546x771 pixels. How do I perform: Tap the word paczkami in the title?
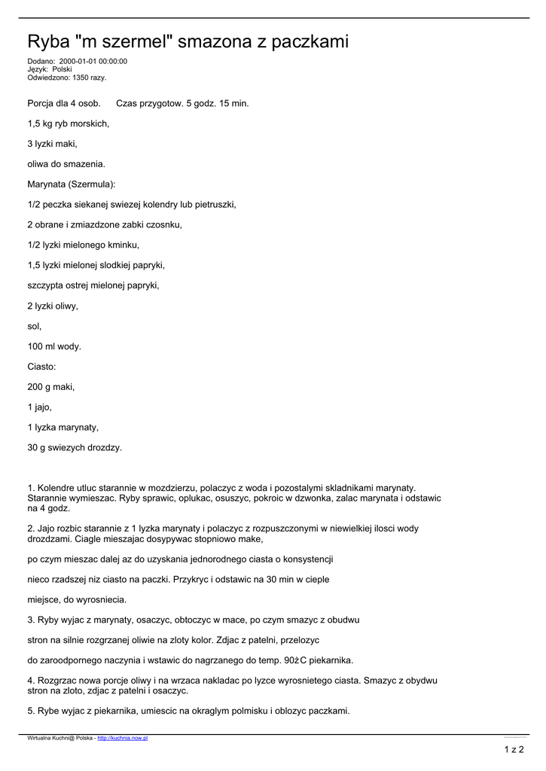point(309,42)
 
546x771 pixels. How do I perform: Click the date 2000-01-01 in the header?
point(75,62)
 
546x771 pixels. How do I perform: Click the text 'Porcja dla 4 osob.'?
point(63,103)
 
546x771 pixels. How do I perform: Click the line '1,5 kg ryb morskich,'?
point(69,123)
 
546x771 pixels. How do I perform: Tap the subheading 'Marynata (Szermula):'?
point(72,184)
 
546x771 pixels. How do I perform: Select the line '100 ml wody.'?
point(54,346)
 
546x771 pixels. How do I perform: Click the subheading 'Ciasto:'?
point(42,367)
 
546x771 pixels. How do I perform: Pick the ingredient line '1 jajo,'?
point(40,407)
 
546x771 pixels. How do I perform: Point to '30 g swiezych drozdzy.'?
point(75,448)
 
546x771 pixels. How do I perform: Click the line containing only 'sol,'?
point(35,326)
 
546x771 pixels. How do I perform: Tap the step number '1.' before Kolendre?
point(31,488)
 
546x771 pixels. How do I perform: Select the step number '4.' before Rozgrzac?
point(31,681)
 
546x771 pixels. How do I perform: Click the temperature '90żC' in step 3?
point(293,660)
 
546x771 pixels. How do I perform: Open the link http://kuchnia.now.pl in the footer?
point(123,739)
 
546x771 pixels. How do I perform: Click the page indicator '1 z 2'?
point(514,749)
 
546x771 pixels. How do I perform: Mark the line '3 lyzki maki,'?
point(52,144)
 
